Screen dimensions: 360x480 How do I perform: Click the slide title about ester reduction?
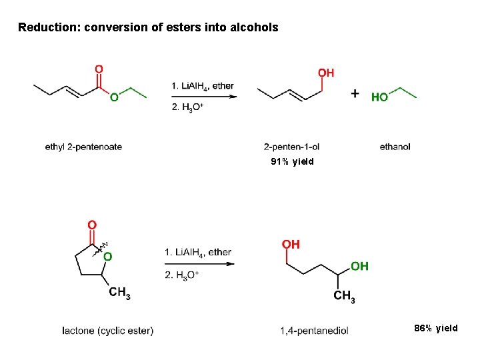coord(148,27)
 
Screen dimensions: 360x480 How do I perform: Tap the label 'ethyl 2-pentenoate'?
coord(83,147)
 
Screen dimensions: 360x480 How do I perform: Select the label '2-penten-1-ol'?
coord(292,147)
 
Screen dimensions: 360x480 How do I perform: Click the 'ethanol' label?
coord(395,147)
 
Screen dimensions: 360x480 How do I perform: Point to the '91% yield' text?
coord(292,162)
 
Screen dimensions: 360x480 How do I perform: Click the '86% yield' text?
coord(436,328)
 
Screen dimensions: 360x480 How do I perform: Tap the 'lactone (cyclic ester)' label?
coord(107,331)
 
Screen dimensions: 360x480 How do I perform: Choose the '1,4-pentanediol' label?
coord(314,331)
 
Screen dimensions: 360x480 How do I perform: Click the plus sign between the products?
coord(356,93)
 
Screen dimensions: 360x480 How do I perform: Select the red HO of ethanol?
coord(379,97)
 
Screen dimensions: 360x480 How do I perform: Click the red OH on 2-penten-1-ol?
coord(326,72)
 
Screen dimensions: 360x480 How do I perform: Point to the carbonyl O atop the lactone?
coord(92,225)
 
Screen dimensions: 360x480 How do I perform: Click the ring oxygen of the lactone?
coord(107,255)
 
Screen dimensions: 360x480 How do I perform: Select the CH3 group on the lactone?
coord(119,291)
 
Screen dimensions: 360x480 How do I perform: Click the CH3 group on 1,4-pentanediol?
coord(344,296)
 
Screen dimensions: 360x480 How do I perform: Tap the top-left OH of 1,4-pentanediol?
coord(291,245)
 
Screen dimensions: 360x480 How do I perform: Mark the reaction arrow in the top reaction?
coord(204,97)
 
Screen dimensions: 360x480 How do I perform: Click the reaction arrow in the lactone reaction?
coord(198,263)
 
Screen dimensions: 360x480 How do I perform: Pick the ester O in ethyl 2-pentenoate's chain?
coord(114,97)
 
